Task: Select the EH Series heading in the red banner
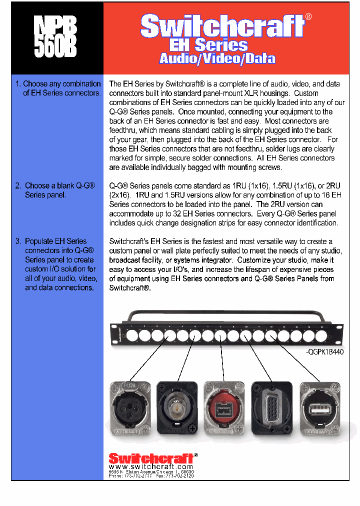pos(208,45)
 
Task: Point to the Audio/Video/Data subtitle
pos(217,58)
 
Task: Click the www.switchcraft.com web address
pos(151,466)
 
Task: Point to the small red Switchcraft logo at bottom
pos(151,458)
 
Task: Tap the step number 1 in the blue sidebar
pos(18,84)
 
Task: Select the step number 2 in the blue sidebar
pos(18,185)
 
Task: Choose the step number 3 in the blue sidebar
pos(18,241)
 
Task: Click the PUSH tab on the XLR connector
pos(129,386)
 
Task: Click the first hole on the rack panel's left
pos(131,335)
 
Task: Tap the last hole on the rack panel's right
pos(321,335)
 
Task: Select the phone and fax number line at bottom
pos(151,476)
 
